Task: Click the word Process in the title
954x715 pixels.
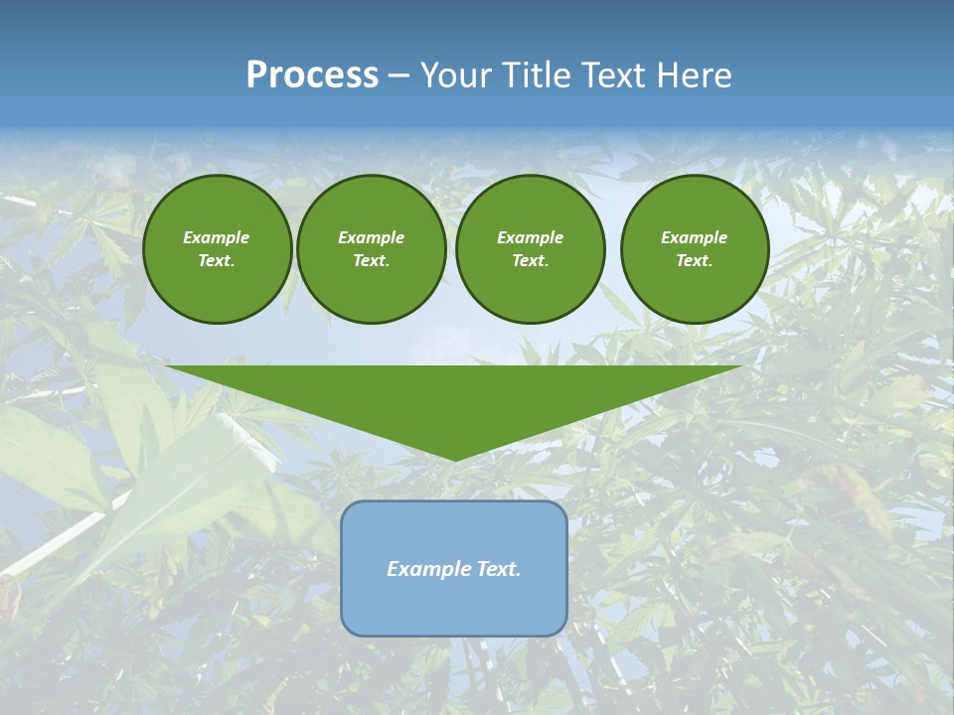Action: coord(312,75)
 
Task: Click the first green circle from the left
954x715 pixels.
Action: coord(218,249)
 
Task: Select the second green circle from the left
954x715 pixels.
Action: coord(372,249)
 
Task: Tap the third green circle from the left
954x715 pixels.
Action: coord(531,249)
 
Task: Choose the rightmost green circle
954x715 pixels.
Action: coord(695,249)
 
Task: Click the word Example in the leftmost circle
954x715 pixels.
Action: coord(217,237)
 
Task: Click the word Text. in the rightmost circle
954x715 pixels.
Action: coord(695,261)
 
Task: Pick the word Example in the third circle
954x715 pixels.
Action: coord(531,237)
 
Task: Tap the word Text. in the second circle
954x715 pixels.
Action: coord(372,261)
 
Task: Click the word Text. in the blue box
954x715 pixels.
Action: coord(498,569)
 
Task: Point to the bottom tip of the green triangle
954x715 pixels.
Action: coord(454,459)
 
